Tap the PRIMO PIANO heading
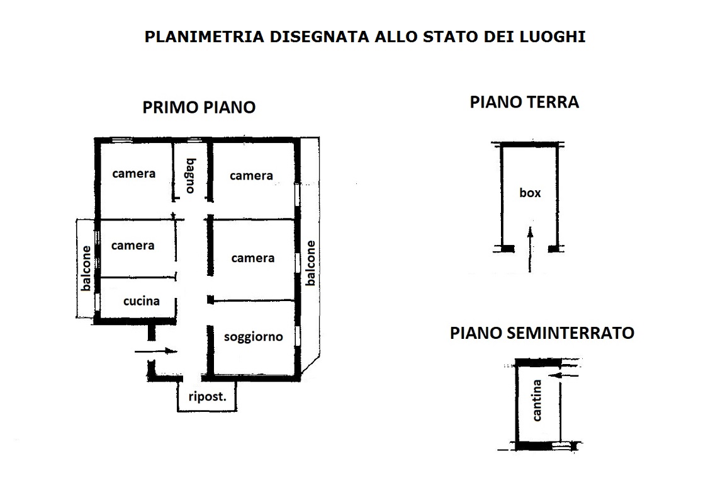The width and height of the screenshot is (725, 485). click(199, 107)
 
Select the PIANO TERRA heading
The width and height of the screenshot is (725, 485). click(524, 102)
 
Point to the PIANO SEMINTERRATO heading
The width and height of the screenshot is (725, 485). click(542, 333)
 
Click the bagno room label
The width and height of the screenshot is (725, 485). click(191, 176)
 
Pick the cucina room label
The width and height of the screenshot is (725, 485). click(142, 301)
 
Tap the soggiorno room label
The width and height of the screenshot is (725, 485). click(254, 337)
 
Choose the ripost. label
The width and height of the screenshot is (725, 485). click(208, 397)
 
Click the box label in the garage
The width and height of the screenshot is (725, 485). click(530, 193)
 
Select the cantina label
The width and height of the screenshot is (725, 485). click(536, 401)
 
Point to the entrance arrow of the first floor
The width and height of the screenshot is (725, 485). click(156, 351)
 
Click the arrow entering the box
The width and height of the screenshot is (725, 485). click(531, 249)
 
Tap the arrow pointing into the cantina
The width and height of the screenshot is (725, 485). click(566, 375)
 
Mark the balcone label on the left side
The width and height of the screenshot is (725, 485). click(86, 268)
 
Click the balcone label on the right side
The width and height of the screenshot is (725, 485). click(311, 263)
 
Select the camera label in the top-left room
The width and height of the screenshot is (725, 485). click(133, 174)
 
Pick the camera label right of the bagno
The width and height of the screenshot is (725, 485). click(251, 176)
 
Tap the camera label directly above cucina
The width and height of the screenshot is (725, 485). click(133, 246)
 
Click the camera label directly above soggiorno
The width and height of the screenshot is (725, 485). click(253, 258)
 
